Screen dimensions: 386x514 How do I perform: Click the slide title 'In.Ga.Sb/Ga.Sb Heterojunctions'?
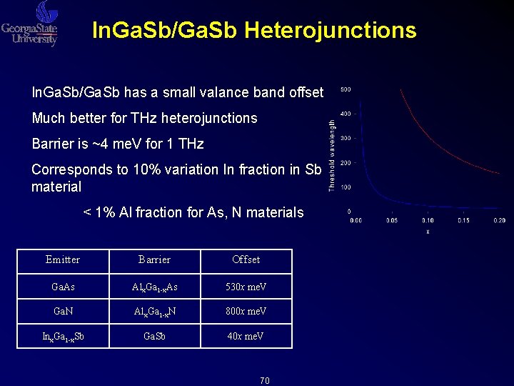pos(254,30)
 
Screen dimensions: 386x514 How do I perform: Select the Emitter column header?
pos(63,259)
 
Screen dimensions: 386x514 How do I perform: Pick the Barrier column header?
pos(154,259)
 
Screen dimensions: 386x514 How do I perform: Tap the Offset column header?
pos(246,259)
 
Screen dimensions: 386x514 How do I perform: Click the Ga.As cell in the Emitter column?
pos(63,286)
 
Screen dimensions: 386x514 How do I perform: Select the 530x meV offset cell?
pos(246,286)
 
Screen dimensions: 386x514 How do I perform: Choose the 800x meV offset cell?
pos(246,311)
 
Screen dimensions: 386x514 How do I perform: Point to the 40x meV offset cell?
pos(246,336)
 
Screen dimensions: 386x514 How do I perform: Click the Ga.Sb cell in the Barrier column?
pos(154,336)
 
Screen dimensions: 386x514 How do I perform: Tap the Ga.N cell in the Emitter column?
pos(63,311)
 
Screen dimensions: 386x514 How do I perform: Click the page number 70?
pos(264,380)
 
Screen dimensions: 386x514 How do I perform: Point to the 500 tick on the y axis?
pos(345,89)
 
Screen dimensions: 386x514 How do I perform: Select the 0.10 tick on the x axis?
pos(428,220)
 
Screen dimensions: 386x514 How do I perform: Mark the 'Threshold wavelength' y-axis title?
pos(332,155)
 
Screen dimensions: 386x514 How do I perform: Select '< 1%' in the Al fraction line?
pos(99,212)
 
